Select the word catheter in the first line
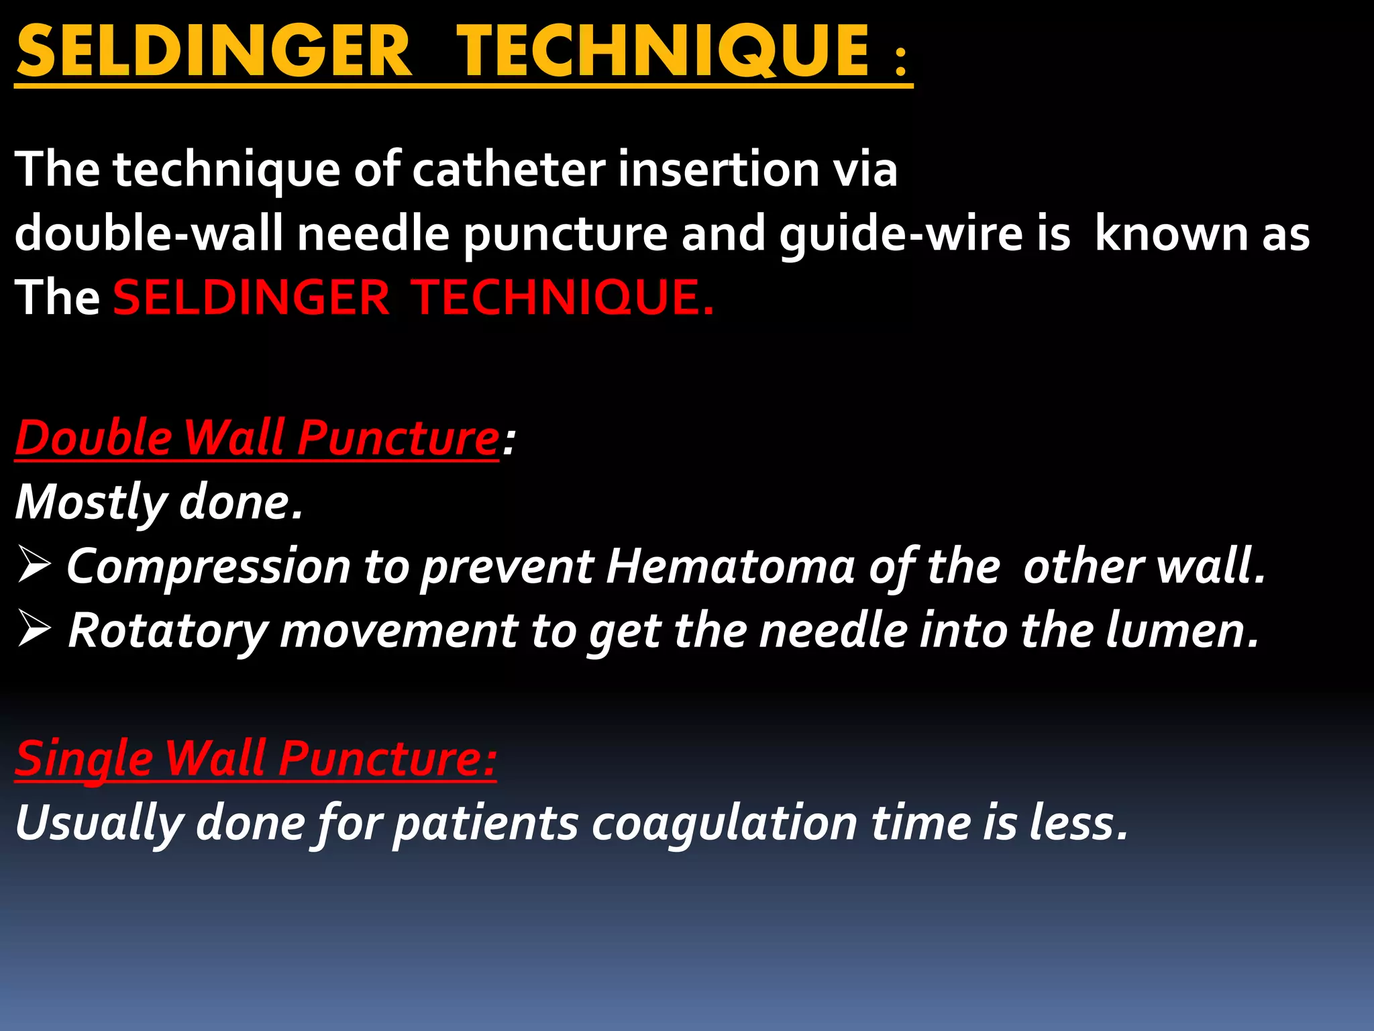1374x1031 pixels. (x=509, y=169)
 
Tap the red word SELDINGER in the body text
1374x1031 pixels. (x=251, y=297)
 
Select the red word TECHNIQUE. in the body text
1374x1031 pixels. (x=564, y=297)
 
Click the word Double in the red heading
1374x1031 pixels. (x=94, y=438)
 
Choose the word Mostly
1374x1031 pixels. (x=91, y=503)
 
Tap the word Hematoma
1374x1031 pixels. (x=731, y=566)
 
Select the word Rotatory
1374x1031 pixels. (x=168, y=631)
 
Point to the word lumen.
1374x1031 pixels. (x=1181, y=630)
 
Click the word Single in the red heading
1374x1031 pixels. (x=85, y=758)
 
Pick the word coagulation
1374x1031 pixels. (x=724, y=824)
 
